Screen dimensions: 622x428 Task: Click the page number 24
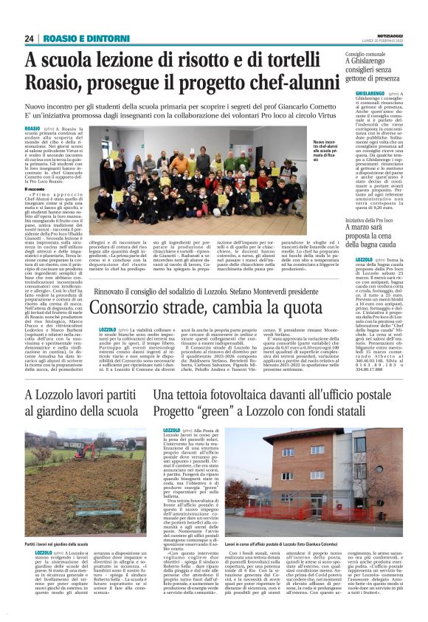pos(30,38)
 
